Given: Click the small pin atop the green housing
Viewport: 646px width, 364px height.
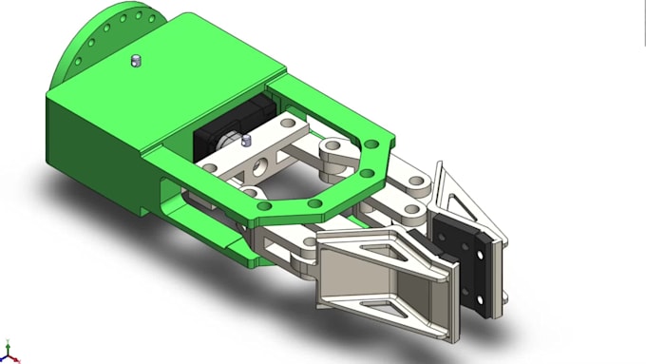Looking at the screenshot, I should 135,62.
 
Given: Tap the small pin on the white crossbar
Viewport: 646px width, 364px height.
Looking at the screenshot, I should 246,143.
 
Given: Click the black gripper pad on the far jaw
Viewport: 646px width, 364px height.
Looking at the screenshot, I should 471,264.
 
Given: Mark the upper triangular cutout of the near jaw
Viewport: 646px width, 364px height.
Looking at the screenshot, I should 384,249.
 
